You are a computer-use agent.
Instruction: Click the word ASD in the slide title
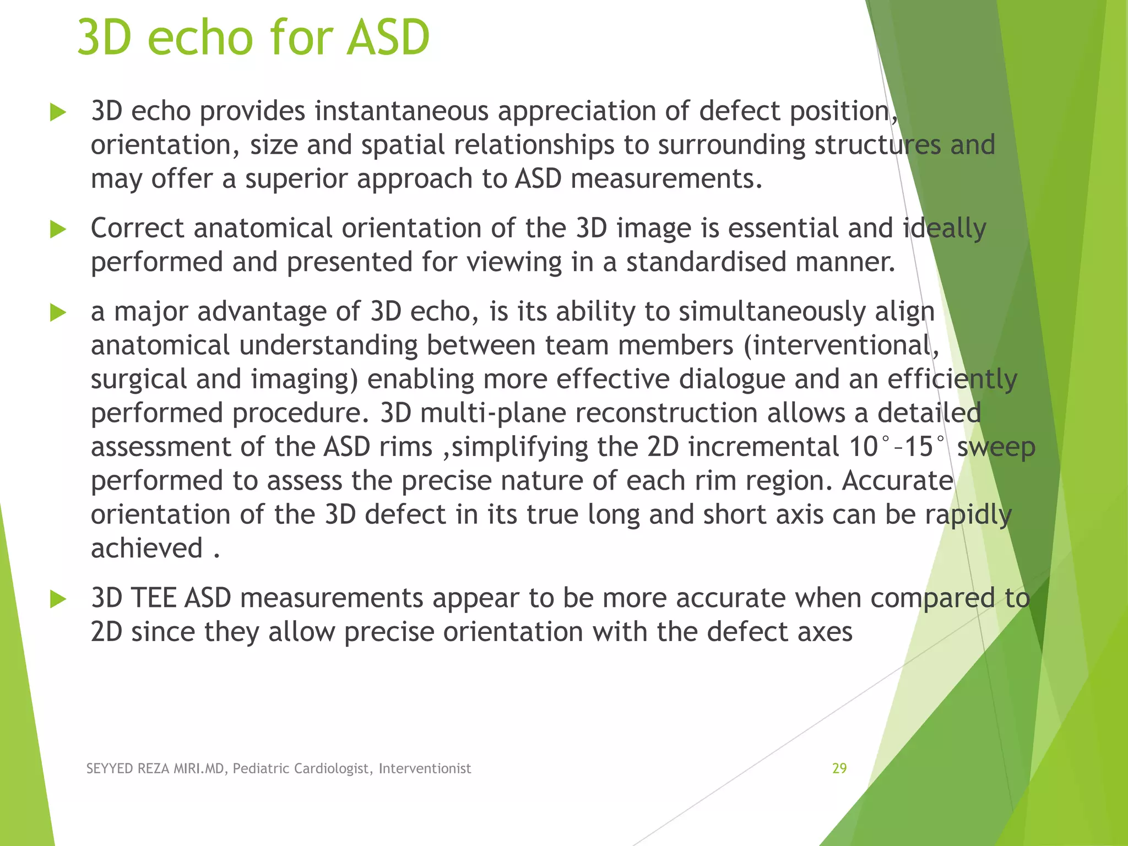[x=388, y=37]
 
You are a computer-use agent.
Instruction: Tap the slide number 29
[x=839, y=768]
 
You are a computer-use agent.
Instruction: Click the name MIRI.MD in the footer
[x=199, y=768]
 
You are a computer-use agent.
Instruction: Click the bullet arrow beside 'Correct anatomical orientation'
[x=58, y=229]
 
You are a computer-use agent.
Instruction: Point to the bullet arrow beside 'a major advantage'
[x=58, y=313]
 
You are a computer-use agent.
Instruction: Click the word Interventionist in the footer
[x=425, y=768]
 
